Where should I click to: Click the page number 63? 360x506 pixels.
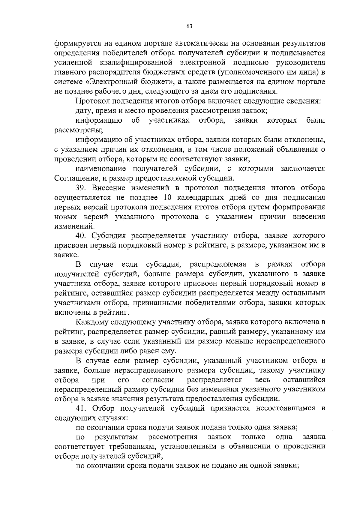pyautogui.click(x=189, y=26)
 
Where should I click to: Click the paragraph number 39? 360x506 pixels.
pyautogui.click(x=81, y=188)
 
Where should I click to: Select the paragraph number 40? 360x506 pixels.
pyautogui.click(x=81, y=236)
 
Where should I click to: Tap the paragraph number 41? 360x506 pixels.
pyautogui.click(x=81, y=408)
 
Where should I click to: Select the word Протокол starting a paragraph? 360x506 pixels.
pyautogui.click(x=90, y=101)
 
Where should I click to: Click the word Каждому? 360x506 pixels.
pyautogui.click(x=92, y=322)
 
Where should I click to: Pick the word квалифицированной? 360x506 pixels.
pyautogui.click(x=139, y=63)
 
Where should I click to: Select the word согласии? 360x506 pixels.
pyautogui.click(x=158, y=380)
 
